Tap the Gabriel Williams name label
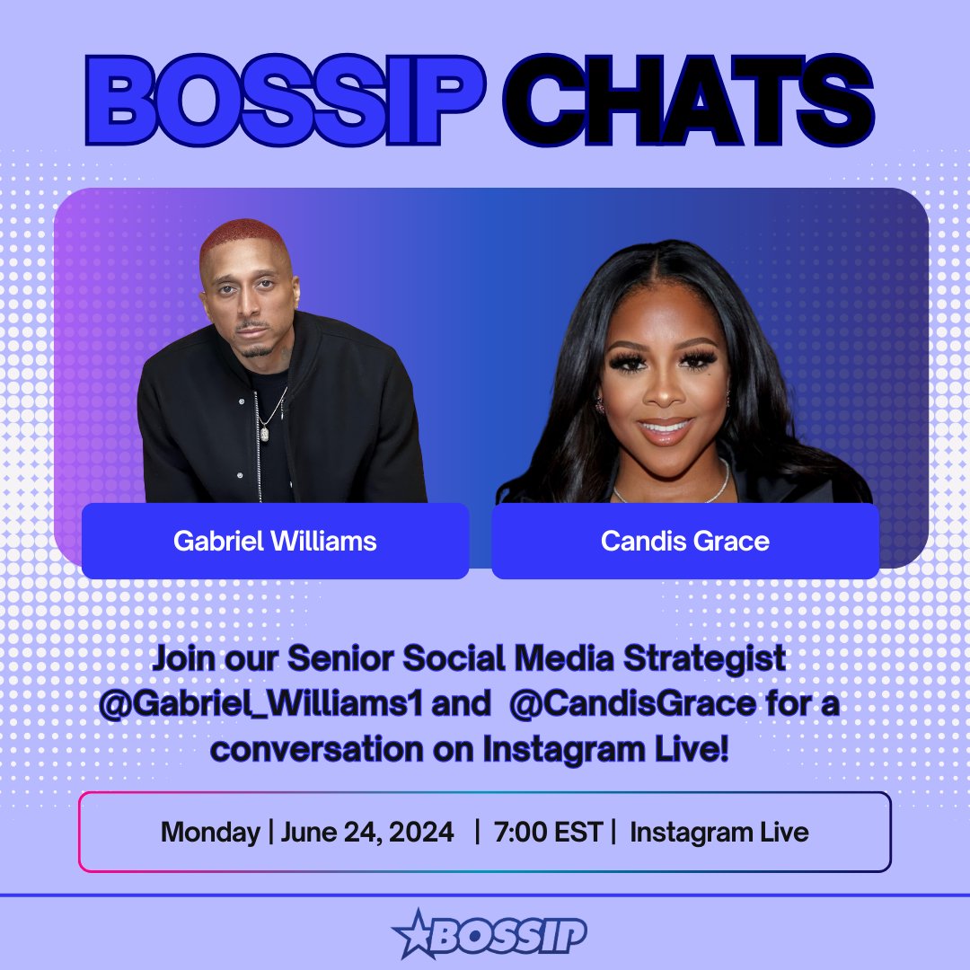tap(275, 541)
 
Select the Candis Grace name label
tap(684, 541)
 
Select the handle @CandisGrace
tap(631, 704)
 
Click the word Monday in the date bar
tap(209, 832)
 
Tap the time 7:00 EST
tap(548, 832)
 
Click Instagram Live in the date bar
tap(719, 832)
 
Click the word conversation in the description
tap(305, 748)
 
